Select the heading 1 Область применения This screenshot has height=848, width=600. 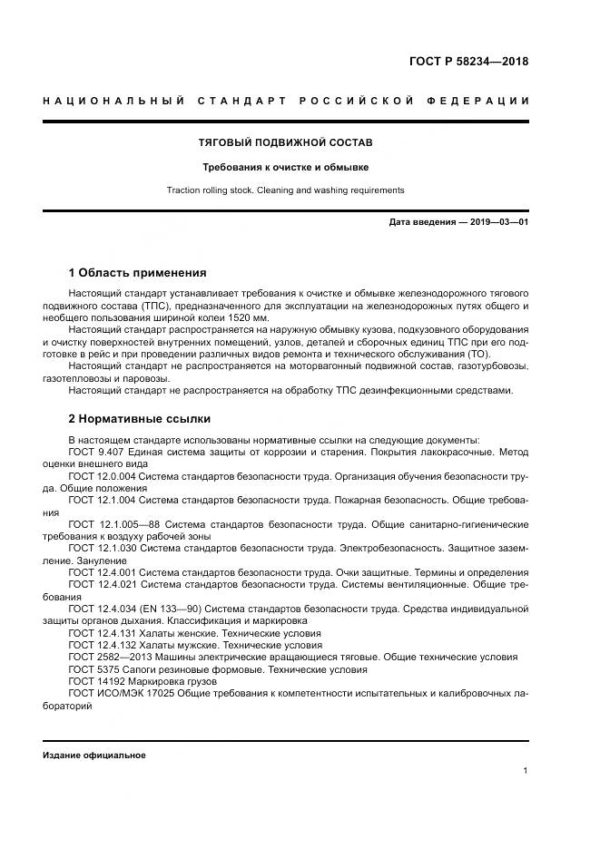(x=137, y=272)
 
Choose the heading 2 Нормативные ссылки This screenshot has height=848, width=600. (x=139, y=419)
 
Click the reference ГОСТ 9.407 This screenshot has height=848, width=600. (x=97, y=453)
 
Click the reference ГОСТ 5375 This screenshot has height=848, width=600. (x=91, y=669)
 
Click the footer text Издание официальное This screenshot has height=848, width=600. (x=93, y=755)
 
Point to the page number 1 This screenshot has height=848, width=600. (x=526, y=771)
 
